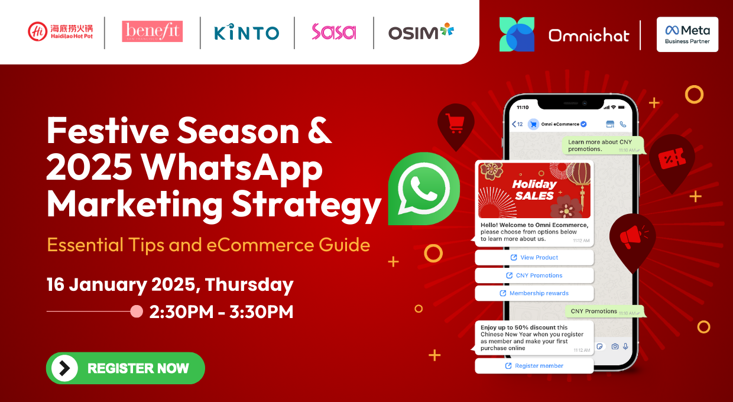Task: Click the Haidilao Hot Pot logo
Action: pyautogui.click(x=60, y=31)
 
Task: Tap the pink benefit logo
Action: pyautogui.click(x=152, y=31)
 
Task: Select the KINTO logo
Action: pyautogui.click(x=247, y=32)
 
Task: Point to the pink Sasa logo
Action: pyautogui.click(x=334, y=31)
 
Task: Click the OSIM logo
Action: pyautogui.click(x=421, y=31)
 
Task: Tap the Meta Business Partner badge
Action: pyautogui.click(x=687, y=34)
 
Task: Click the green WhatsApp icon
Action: pyautogui.click(x=424, y=189)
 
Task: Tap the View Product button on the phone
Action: pyautogui.click(x=534, y=258)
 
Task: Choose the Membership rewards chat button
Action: pyautogui.click(x=534, y=293)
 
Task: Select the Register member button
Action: pyautogui.click(x=534, y=366)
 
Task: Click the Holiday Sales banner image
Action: pyautogui.click(x=534, y=190)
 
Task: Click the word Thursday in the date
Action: pyautogui.click(x=249, y=284)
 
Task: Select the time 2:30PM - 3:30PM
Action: pyautogui.click(x=221, y=312)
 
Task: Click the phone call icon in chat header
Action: pyautogui.click(x=623, y=124)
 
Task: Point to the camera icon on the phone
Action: pyautogui.click(x=615, y=346)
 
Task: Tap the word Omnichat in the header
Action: pyautogui.click(x=589, y=35)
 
